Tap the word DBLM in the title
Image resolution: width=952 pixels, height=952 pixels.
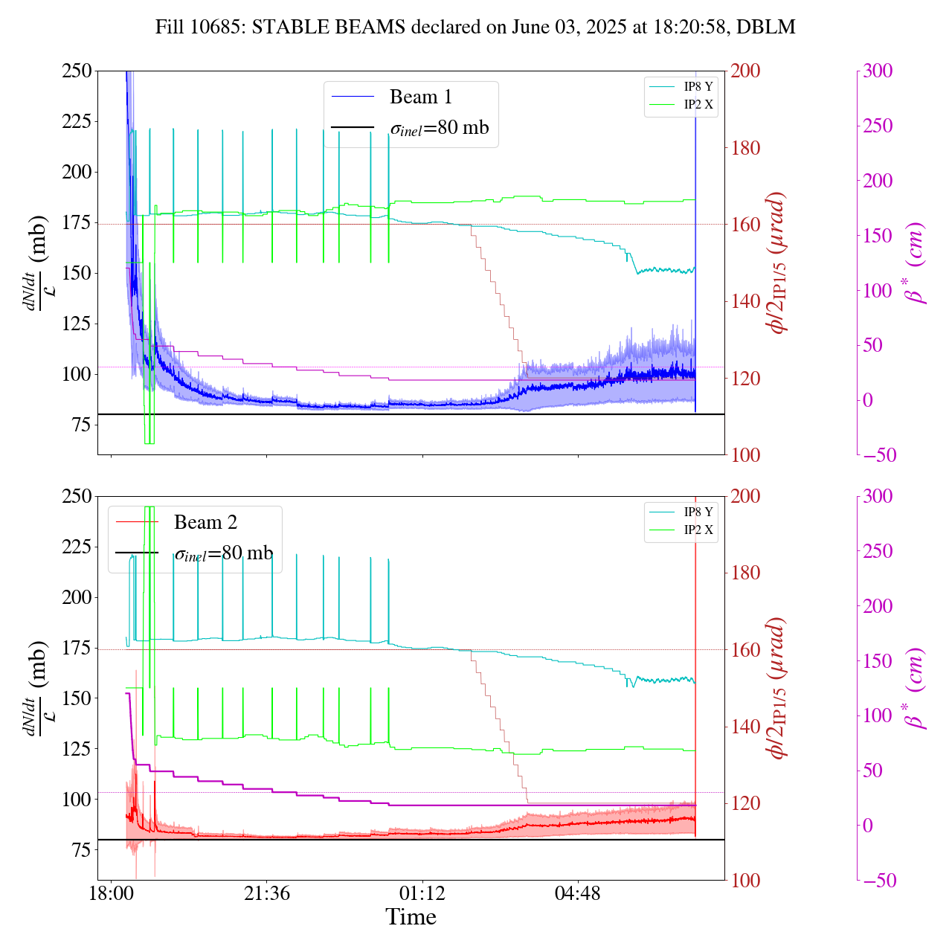[x=768, y=28]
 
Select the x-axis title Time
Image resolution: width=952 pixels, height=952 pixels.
[x=411, y=917]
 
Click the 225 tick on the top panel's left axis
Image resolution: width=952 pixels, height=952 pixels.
[x=76, y=121]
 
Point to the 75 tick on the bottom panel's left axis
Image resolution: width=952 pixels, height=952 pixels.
[x=81, y=850]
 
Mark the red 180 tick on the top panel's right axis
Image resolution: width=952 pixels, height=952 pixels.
[x=745, y=148]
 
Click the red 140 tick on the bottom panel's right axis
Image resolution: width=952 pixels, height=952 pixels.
[x=745, y=727]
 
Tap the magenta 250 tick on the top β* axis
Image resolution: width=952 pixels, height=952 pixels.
[x=878, y=126]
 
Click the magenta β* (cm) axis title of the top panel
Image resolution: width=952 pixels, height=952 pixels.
[x=916, y=263]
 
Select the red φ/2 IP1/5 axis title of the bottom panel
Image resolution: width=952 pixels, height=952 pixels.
[x=778, y=688]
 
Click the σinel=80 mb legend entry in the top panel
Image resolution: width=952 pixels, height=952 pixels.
[x=439, y=128]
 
